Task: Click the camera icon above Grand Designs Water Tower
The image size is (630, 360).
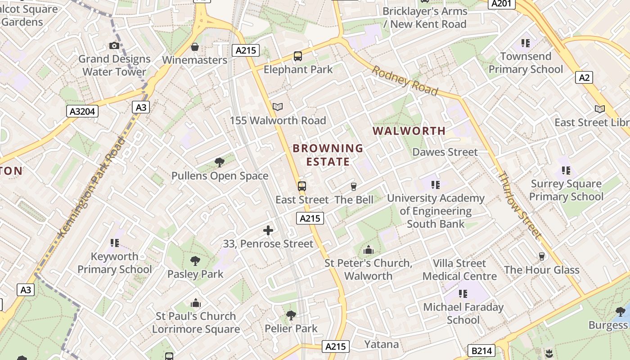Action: coord(114,45)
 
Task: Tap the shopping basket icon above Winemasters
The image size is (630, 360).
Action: coord(195,47)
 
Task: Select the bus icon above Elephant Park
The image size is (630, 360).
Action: coord(298,56)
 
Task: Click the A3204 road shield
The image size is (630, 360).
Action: coord(82,111)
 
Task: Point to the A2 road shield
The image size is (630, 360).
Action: coord(584,77)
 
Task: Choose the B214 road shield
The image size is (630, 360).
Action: coord(481,351)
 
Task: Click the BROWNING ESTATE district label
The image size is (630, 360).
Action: coord(328,155)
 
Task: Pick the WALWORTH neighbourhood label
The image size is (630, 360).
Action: coord(409,131)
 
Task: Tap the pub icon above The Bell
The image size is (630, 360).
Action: coord(354,186)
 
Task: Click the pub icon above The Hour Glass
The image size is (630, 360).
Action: coord(542,256)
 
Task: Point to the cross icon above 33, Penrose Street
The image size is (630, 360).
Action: coord(268,230)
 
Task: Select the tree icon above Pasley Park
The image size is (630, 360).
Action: coord(195,261)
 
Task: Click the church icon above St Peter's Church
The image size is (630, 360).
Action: coord(368,250)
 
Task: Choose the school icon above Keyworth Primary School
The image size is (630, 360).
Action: coord(114,243)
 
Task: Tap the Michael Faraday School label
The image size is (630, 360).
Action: coord(463,313)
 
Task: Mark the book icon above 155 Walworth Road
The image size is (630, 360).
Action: coord(278,107)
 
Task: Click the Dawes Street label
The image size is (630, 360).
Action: coord(445,152)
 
